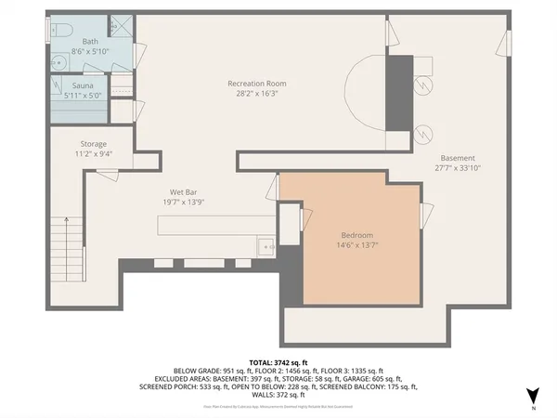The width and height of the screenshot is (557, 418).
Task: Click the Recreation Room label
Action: (x=256, y=84)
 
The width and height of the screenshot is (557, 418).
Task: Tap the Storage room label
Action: (x=93, y=144)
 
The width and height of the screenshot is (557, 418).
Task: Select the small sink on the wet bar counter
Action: (x=266, y=247)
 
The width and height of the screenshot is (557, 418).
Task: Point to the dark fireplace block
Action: (x=399, y=93)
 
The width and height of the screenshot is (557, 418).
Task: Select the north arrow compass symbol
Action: (x=531, y=396)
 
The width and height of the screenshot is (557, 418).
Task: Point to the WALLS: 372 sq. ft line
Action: (x=278, y=395)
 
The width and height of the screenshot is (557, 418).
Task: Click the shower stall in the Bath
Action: (x=119, y=26)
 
